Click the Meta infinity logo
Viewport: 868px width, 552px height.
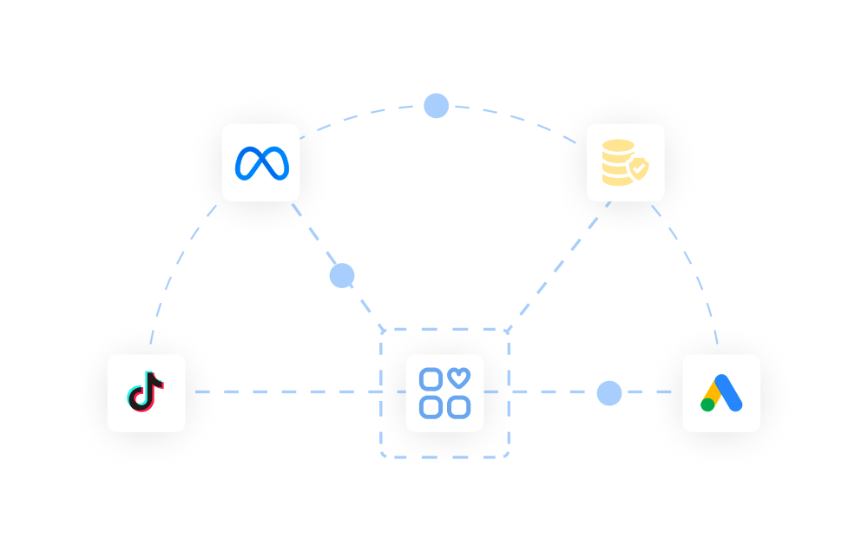tap(260, 163)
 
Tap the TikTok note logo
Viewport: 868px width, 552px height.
tap(147, 392)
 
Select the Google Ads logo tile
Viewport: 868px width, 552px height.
tap(721, 393)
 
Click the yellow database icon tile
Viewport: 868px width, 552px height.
tap(625, 163)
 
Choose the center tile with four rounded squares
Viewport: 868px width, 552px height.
tap(444, 393)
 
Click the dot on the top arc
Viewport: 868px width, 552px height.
tap(436, 106)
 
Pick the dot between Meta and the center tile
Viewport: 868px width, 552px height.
tap(342, 276)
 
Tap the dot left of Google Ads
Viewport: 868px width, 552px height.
tap(609, 393)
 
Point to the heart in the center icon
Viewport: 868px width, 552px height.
tap(460, 378)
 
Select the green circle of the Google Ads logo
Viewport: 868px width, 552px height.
tap(708, 404)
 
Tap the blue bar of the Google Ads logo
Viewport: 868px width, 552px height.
tap(729, 392)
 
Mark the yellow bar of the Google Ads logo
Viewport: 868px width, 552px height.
tap(713, 391)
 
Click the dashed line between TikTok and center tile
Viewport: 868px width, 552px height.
tap(286, 392)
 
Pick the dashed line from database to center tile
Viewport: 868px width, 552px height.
tap(556, 265)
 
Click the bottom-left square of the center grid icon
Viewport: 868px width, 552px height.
tap(431, 406)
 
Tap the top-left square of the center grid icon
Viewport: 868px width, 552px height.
tap(431, 379)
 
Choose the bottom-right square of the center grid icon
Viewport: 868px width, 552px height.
tap(459, 406)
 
